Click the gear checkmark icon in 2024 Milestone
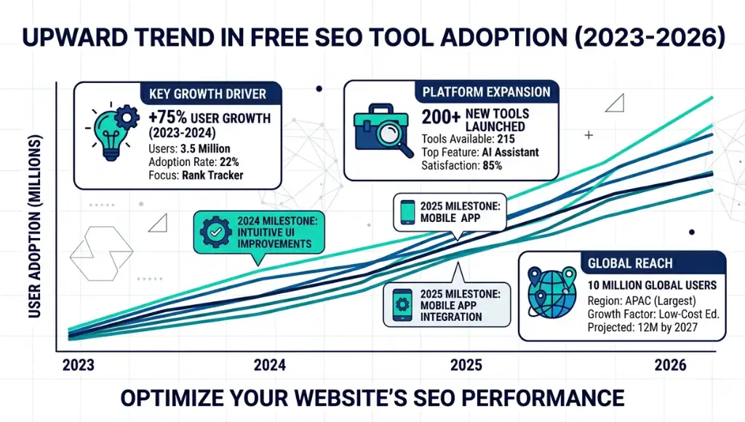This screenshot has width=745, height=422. tap(215, 232)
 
